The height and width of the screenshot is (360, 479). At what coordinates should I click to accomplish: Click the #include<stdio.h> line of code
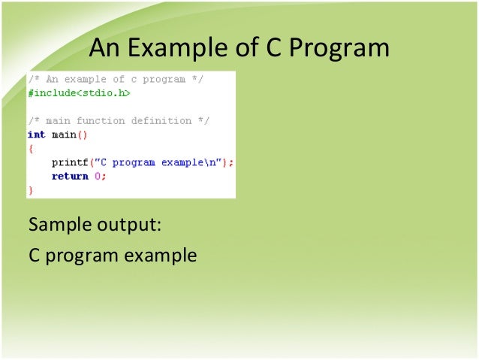pos(79,93)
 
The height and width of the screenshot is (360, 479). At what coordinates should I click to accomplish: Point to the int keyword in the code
pos(36,135)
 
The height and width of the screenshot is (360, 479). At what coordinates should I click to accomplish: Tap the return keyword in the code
pos(70,176)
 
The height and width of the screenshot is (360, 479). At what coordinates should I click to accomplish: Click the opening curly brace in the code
pos(31,149)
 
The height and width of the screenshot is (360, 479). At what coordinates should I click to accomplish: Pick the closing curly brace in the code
pos(31,190)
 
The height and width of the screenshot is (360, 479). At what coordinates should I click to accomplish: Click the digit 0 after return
pos(98,176)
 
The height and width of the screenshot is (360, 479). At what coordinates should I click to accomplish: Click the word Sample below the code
pos(58,225)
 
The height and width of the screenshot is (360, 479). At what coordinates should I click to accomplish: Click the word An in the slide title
pos(105,49)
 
